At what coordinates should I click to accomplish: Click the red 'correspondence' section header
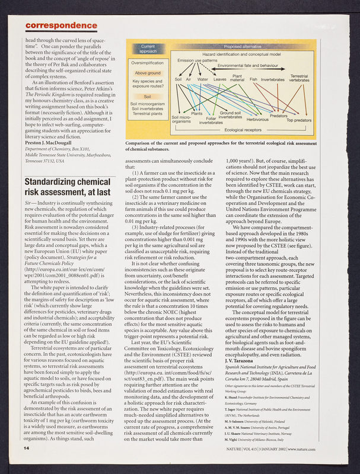click(62, 25)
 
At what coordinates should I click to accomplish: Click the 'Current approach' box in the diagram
click(148, 49)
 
